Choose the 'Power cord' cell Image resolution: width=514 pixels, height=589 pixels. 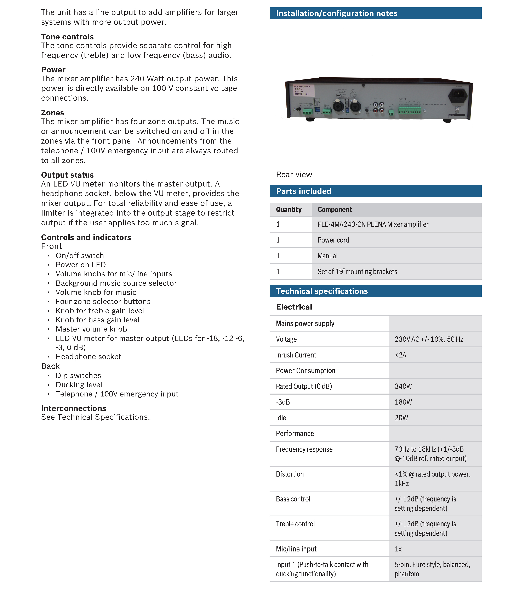(x=333, y=240)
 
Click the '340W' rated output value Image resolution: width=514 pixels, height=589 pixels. (x=403, y=386)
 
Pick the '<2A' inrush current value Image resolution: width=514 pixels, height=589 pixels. (x=400, y=355)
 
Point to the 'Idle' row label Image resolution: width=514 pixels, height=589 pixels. (x=281, y=418)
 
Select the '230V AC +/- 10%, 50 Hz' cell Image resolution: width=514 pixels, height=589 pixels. (x=429, y=339)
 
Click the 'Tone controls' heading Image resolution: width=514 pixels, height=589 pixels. (x=67, y=37)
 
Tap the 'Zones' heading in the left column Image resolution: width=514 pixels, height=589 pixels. (x=52, y=113)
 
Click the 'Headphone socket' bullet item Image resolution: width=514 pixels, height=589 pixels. (x=88, y=357)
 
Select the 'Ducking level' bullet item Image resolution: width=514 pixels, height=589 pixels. (x=79, y=385)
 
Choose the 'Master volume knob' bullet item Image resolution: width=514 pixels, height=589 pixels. (x=91, y=329)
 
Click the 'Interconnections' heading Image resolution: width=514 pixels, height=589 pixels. (x=73, y=408)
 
